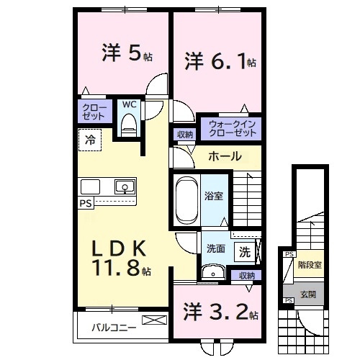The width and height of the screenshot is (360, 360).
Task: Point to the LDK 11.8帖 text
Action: pos(120,259)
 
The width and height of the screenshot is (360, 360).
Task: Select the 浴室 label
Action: pos(214,194)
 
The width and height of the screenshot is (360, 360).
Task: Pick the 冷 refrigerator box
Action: pos(90,140)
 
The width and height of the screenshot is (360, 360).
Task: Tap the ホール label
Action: pos(225,156)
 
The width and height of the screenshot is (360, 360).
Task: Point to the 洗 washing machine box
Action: pos(245,253)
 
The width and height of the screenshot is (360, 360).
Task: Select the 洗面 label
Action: pos(216,248)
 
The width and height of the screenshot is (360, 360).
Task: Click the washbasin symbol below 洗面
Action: pos(212,271)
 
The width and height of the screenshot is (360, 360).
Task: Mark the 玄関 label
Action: pos(307,294)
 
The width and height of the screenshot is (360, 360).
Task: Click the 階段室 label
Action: pos(310,264)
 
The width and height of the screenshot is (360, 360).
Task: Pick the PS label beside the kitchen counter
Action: pos(84,204)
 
